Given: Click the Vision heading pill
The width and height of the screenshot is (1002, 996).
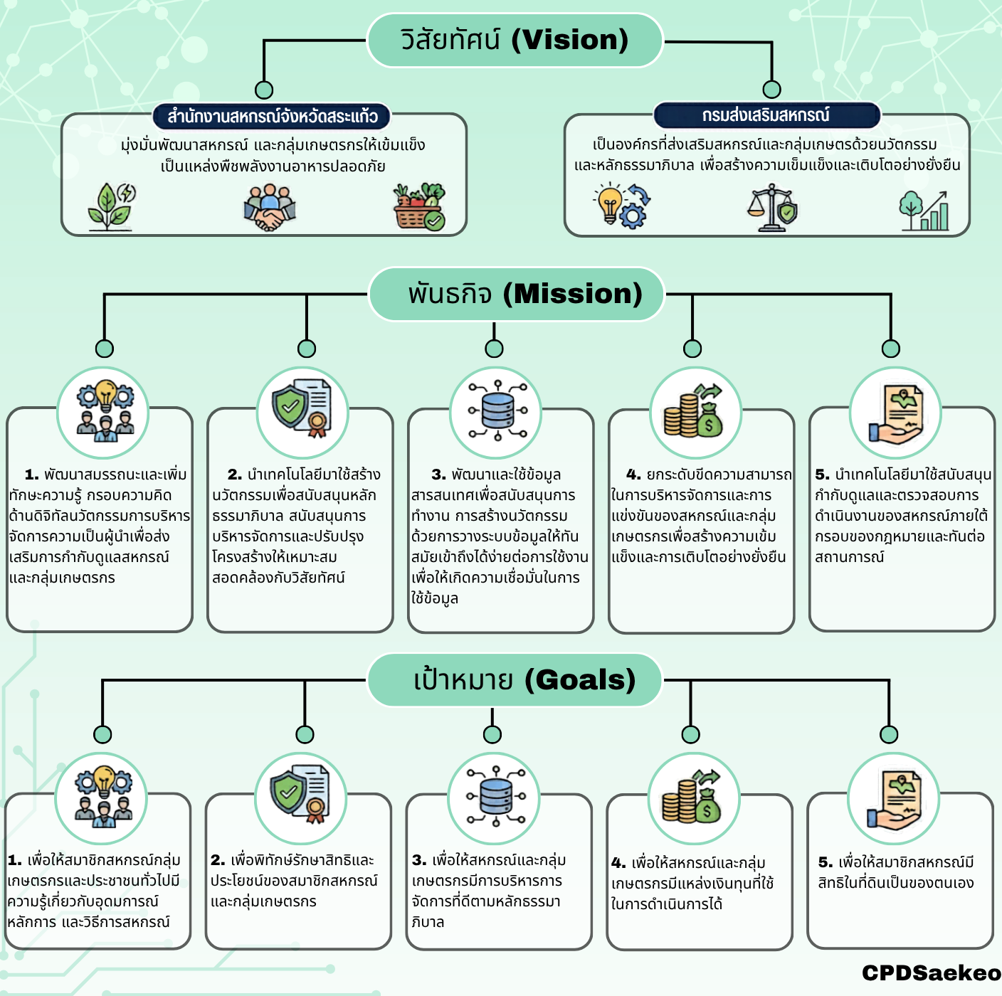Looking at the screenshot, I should point(515,41).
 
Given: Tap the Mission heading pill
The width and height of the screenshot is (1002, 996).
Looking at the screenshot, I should point(517,294).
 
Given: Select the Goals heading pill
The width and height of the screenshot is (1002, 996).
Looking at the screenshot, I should point(515,680).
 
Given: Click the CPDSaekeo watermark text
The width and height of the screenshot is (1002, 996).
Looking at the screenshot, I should point(931,973).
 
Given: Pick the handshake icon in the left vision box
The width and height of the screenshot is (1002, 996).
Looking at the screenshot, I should point(270,207).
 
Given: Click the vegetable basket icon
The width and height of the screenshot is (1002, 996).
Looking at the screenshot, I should point(419,207).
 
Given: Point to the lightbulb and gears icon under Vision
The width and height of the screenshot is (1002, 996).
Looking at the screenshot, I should point(620,206).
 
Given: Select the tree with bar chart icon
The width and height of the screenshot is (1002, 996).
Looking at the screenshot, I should point(924,211).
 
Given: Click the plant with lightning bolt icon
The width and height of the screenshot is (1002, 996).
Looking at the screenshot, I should point(112,207).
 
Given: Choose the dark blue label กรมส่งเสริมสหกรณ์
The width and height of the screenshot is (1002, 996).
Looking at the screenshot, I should point(766,115).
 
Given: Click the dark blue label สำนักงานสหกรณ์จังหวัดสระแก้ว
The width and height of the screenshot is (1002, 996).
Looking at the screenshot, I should point(272,116).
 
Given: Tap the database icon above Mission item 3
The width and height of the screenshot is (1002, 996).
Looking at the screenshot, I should point(496,412).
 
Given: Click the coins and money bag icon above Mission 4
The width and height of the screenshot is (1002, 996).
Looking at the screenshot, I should point(695,411).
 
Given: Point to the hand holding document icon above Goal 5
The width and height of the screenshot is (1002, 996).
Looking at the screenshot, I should point(893,800).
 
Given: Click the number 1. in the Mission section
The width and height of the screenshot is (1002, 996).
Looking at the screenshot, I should point(31,475).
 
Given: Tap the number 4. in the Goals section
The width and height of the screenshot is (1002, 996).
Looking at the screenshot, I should point(618,863).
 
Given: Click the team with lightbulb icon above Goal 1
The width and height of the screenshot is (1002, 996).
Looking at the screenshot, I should point(103,797).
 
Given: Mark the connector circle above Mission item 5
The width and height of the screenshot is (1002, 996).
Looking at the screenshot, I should point(890,349).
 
